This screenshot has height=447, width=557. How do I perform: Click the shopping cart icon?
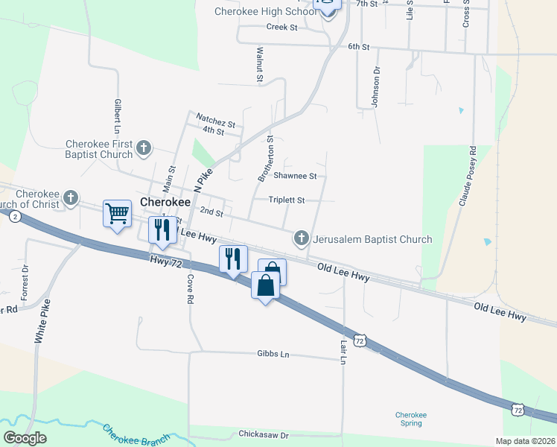(x=118, y=215)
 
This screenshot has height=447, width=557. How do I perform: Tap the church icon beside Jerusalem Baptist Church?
(x=302, y=239)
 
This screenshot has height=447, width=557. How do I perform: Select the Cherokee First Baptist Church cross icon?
(x=144, y=148)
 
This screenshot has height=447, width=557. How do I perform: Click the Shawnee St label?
(x=295, y=177)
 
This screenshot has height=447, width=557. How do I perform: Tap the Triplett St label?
(x=287, y=200)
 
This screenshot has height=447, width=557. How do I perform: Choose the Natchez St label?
(x=215, y=118)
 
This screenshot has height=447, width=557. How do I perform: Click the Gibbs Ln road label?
(x=273, y=354)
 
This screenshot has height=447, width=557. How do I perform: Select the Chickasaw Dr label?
(x=263, y=434)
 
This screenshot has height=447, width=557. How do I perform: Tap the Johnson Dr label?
(x=377, y=87)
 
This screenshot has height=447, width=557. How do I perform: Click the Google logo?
(x=25, y=438)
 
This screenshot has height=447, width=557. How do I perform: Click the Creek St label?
(x=281, y=28)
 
